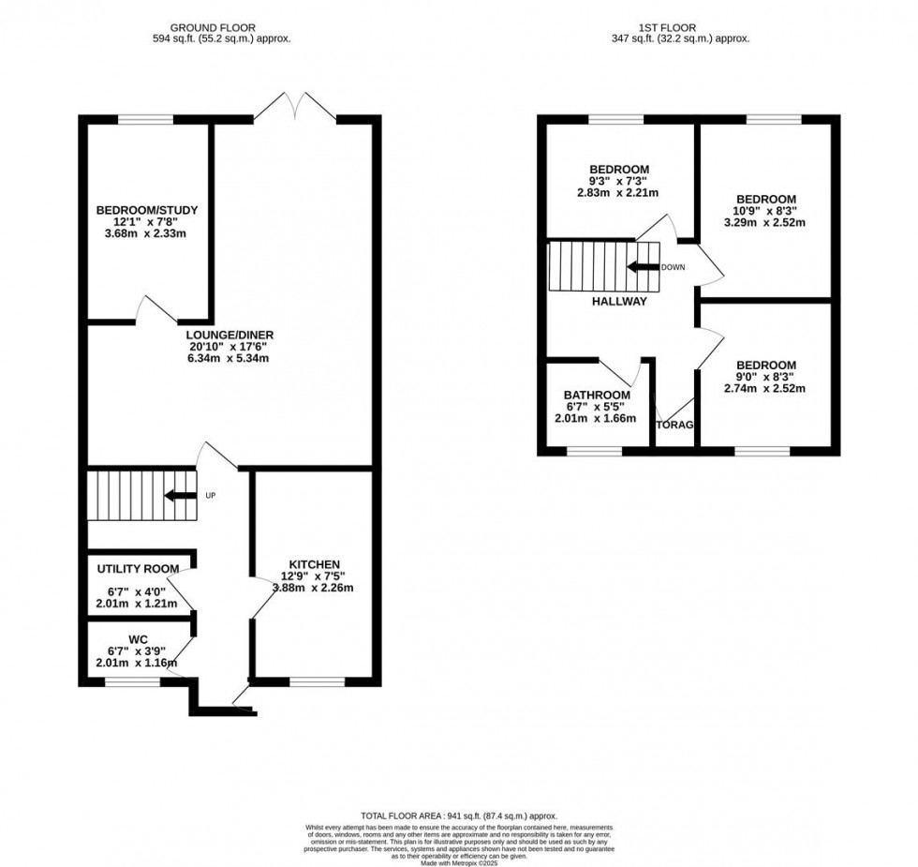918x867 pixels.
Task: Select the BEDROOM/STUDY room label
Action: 147,210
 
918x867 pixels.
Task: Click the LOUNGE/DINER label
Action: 230,335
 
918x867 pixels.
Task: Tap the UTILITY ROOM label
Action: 138,569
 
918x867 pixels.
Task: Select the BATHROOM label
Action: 597,395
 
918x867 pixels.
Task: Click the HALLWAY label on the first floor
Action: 618,302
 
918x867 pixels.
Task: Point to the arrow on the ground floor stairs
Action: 180,496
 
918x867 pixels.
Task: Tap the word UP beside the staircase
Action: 211,496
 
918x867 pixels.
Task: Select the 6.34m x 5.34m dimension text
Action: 230,359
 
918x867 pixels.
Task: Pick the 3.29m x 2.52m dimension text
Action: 765,223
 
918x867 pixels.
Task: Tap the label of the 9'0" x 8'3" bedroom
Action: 765,366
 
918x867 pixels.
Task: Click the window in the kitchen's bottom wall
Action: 316,681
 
